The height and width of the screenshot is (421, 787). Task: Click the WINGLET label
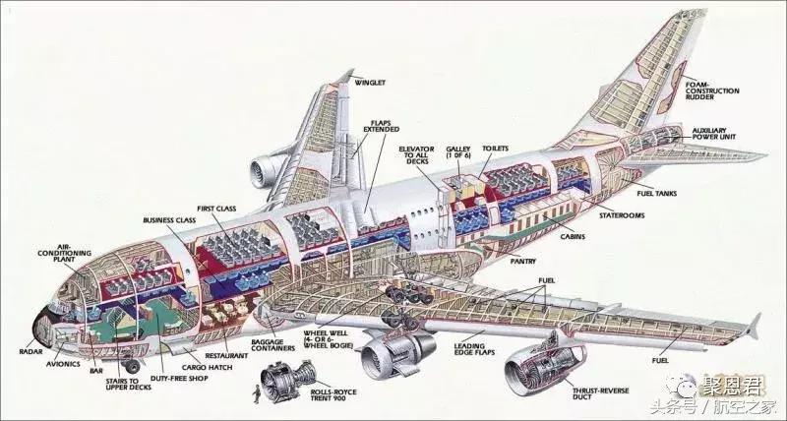pos(370,83)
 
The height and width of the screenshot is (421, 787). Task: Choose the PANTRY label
pos(522,262)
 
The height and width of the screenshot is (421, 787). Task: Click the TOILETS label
pos(495,149)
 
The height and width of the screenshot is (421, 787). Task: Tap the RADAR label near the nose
pos(30,351)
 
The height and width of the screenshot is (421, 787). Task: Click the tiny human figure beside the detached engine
pos(259,394)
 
